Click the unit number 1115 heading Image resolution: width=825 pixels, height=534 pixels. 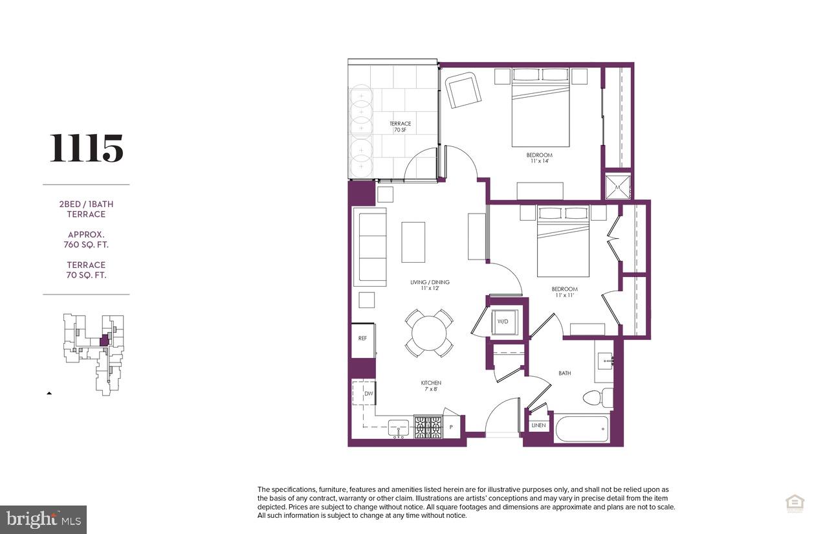click(x=87, y=148)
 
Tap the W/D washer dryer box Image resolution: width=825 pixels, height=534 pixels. click(x=503, y=321)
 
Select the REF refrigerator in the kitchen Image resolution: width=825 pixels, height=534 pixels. click(x=362, y=340)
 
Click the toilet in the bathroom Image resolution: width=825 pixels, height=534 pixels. click(x=597, y=397)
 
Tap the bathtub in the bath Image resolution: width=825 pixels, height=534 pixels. click(x=581, y=429)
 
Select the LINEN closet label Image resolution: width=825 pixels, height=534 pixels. click(x=538, y=426)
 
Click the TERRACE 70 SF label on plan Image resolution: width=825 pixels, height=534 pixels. click(x=400, y=127)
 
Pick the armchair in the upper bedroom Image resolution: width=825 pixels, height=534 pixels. click(x=461, y=91)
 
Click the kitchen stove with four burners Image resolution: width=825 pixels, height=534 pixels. click(x=427, y=427)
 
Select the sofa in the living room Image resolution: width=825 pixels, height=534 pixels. click(x=370, y=247)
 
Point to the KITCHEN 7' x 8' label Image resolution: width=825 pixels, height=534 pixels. click(x=431, y=386)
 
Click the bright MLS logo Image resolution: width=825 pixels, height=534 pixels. click(x=43, y=519)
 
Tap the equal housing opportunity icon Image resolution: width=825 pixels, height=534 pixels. click(x=794, y=503)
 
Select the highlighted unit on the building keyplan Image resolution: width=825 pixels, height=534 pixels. click(x=104, y=340)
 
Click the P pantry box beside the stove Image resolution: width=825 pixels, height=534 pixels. click(x=452, y=427)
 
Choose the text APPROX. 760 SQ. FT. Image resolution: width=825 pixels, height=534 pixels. click(x=86, y=239)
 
